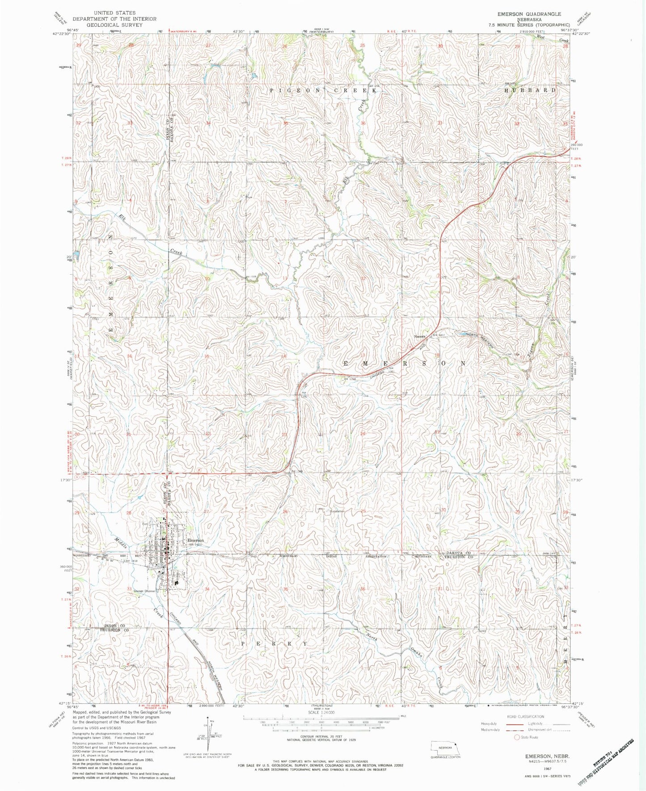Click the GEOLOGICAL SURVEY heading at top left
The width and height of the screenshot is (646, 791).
(115, 25)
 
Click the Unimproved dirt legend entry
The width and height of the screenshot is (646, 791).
(548, 730)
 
